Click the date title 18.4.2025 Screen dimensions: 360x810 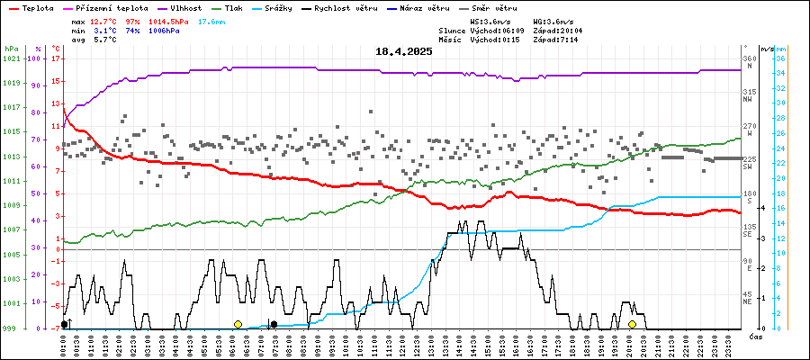coord(404,52)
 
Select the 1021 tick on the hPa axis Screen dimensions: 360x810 coord(11,58)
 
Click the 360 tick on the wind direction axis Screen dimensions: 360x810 coord(748,58)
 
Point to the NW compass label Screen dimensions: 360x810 coord(747,100)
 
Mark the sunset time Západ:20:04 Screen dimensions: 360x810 coord(557,30)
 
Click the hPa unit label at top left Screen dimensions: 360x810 coord(11,49)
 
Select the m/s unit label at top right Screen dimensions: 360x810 coord(765,49)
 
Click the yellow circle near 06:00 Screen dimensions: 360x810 coord(238,324)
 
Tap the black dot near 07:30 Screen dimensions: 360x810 coord(274,324)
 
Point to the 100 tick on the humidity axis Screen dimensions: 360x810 coord(35,58)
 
